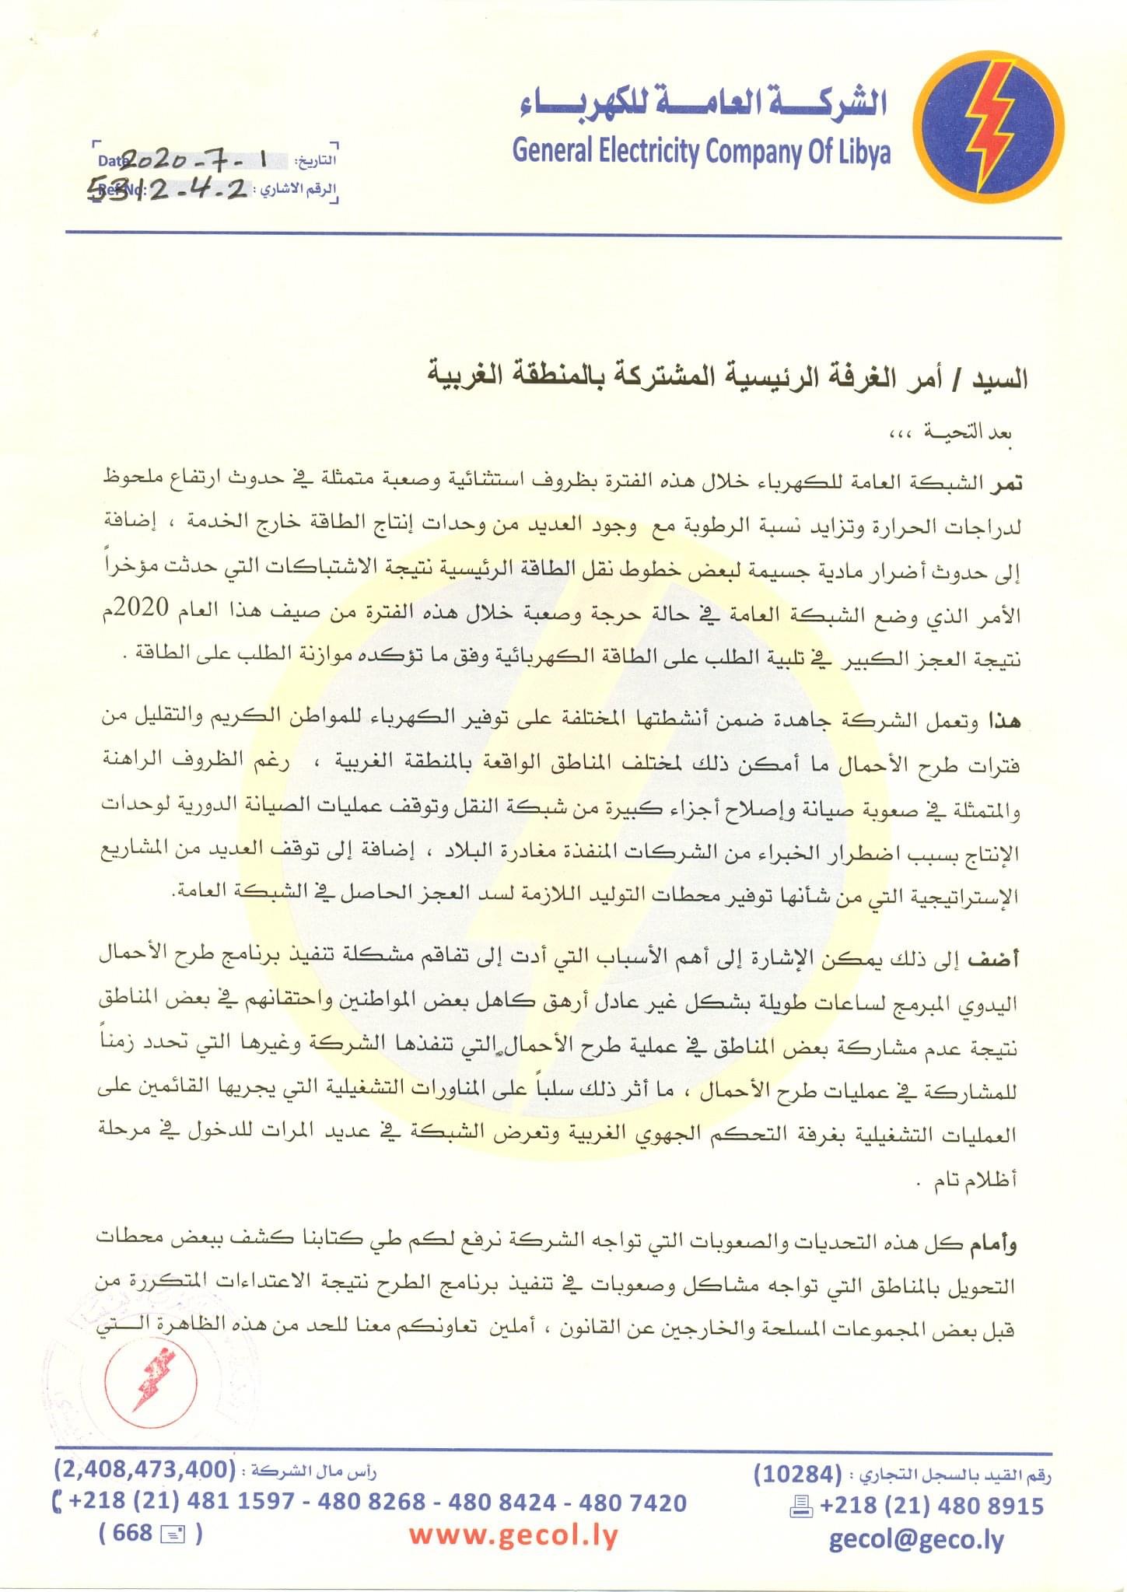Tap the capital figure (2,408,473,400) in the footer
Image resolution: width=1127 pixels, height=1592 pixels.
tap(145, 1468)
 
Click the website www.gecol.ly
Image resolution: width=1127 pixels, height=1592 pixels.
tap(513, 1535)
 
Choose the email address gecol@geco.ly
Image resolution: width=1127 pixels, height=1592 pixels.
tap(916, 1539)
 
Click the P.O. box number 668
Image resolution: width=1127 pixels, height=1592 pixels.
tap(132, 1532)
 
